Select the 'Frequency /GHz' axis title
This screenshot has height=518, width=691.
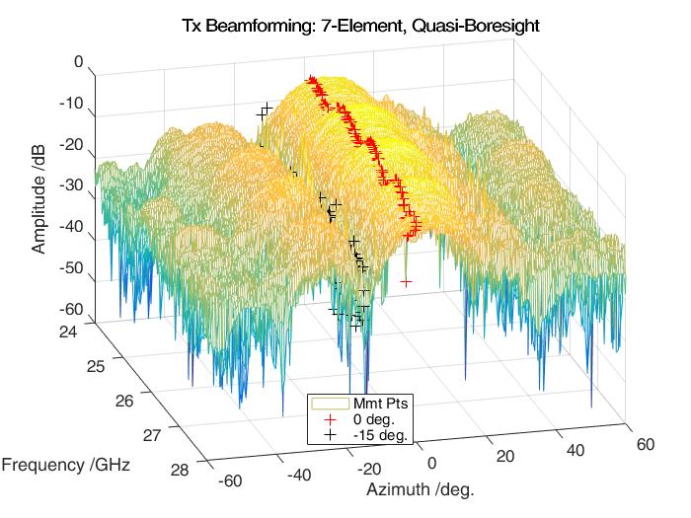[67, 463]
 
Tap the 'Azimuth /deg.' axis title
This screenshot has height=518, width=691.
[420, 490]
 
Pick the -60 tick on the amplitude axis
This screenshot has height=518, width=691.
[72, 310]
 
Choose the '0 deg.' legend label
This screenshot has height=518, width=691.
[373, 418]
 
